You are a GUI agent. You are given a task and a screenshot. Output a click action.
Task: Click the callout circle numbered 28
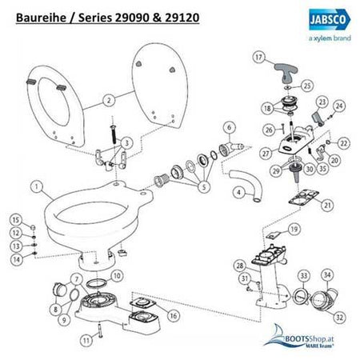pyautogui.click(x=238, y=265)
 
